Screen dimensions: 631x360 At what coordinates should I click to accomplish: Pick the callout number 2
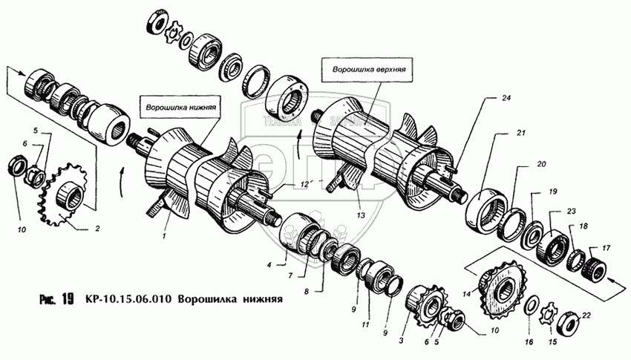[97, 229]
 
